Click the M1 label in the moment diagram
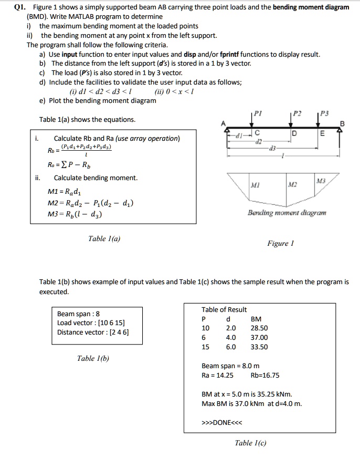(x=255, y=185)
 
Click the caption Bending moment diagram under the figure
(x=287, y=213)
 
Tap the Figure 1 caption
(x=281, y=243)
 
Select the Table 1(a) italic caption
(x=104, y=238)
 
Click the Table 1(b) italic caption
(x=93, y=358)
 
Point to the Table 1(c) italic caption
(x=251, y=443)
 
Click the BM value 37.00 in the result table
(x=259, y=337)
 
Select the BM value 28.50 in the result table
(x=259, y=328)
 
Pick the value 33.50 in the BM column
(x=259, y=347)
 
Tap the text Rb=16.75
(x=266, y=375)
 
